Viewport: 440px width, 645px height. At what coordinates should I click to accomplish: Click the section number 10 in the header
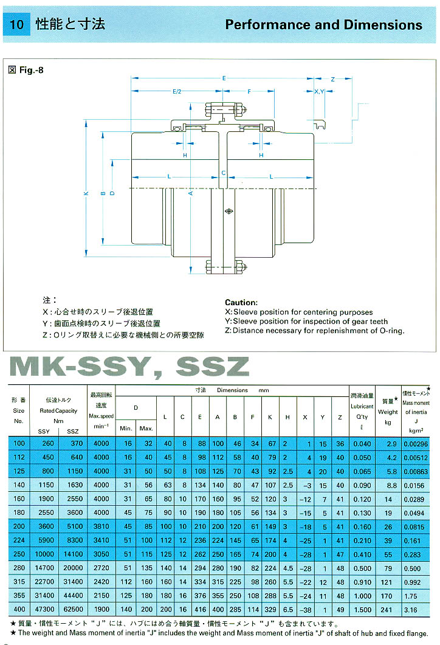(x=17, y=25)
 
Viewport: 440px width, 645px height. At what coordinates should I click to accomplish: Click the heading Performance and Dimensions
(x=323, y=25)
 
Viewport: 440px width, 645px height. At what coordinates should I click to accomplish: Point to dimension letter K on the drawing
(x=86, y=193)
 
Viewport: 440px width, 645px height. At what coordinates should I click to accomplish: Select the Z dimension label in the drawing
(x=333, y=80)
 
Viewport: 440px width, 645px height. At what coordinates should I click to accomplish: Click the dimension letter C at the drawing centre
(x=223, y=173)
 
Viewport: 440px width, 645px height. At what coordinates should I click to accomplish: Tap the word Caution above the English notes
(x=241, y=302)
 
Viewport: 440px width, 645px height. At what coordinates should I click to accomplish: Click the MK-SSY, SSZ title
(x=129, y=366)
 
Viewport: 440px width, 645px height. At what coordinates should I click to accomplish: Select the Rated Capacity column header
(x=58, y=410)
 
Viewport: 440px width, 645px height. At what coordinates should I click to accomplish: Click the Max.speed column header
(x=101, y=416)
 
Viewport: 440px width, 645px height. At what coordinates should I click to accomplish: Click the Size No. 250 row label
(x=18, y=554)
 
